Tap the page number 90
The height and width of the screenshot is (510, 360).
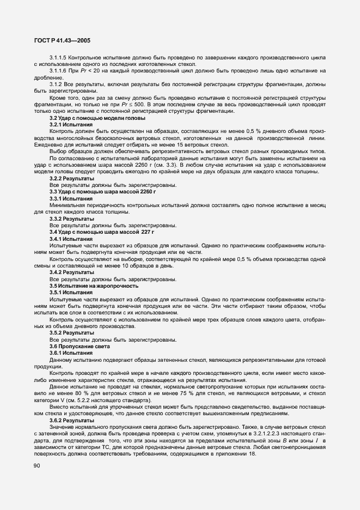coord(37,465)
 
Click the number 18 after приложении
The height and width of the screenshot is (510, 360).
coord(251,453)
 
